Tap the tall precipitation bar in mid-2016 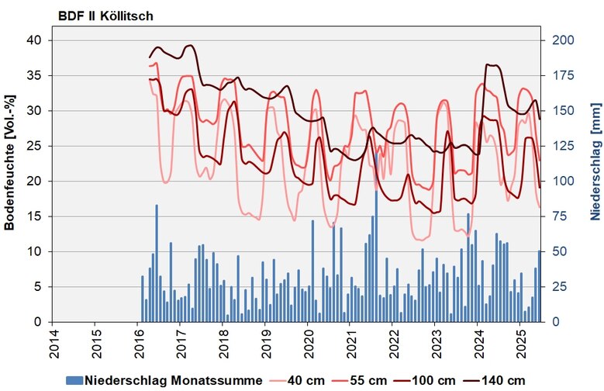point(157,264)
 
